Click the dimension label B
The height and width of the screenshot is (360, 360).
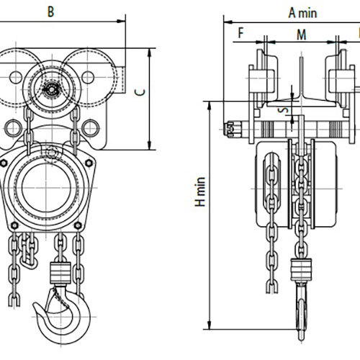[x=50, y=12]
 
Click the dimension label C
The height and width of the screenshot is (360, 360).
[x=140, y=92]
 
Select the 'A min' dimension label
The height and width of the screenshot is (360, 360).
[x=302, y=13]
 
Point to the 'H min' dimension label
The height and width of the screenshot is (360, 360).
[x=200, y=192]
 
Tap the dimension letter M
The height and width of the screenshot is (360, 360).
[x=302, y=35]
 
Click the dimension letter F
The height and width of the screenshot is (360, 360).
[x=240, y=32]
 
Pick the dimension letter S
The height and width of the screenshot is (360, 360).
[x=284, y=110]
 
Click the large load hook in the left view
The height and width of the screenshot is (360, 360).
[x=63, y=315]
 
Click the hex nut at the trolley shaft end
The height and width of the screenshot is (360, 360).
[x=230, y=130]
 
